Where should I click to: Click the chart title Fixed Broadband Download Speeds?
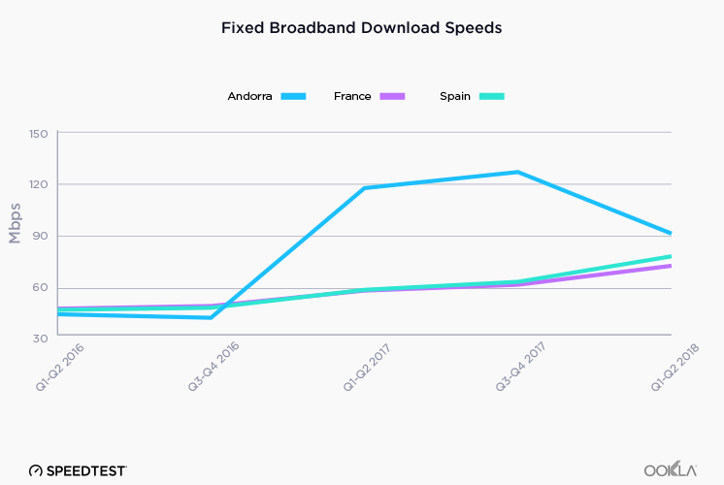click(x=361, y=28)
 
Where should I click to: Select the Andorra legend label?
click(x=250, y=96)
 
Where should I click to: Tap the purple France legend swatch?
click(x=392, y=96)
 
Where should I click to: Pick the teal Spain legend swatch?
click(x=491, y=96)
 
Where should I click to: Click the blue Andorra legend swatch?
click(x=293, y=96)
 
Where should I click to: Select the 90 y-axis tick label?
click(x=40, y=236)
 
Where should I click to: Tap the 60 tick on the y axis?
click(x=40, y=287)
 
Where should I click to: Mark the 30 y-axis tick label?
click(x=40, y=338)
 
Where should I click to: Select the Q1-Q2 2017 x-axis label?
click(x=363, y=371)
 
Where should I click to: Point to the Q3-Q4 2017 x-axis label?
click(x=516, y=371)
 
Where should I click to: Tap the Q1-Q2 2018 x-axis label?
click(x=670, y=371)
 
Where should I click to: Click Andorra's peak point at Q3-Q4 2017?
click(x=518, y=173)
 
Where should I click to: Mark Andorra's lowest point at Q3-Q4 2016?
click(x=211, y=317)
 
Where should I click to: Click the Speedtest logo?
click(x=78, y=469)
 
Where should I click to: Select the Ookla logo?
click(x=671, y=469)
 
